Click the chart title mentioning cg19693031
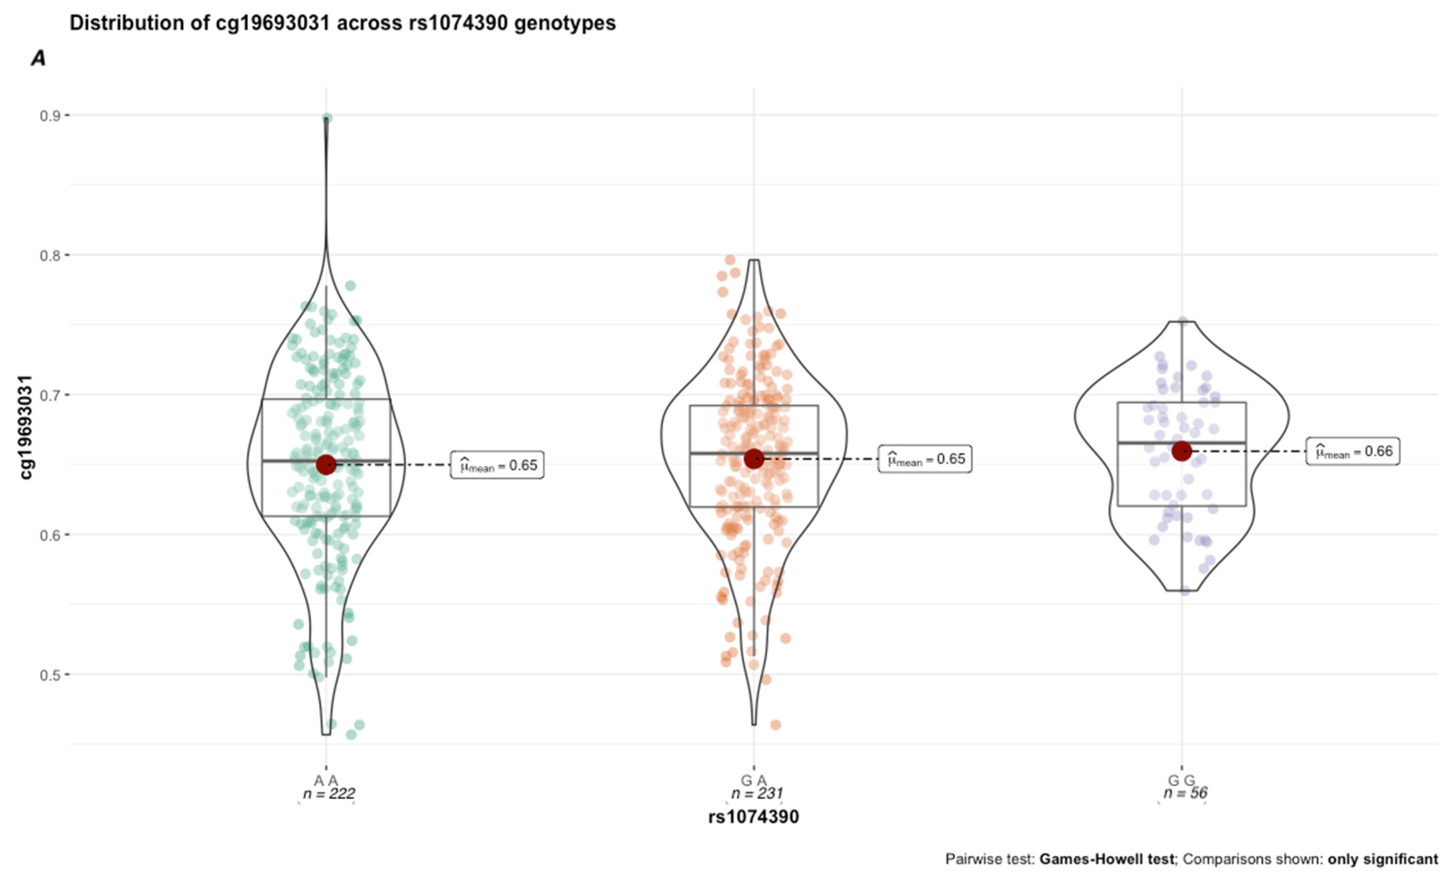342,23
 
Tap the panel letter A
38,58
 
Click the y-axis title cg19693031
25,427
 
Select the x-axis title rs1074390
753,817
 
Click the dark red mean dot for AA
326,465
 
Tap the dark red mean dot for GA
754,459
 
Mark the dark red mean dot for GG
1182,451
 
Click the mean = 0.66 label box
1352,452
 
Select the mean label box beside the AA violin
497,465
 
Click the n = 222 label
329,793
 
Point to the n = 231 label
757,793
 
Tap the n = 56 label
1185,793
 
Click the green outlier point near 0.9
327,118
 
